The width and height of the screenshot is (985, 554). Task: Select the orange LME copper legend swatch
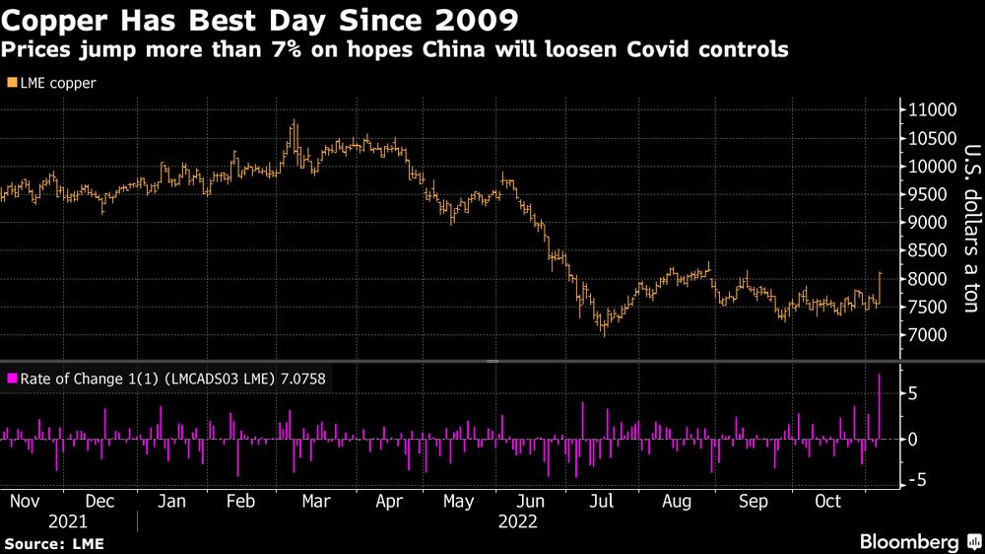pyautogui.click(x=11, y=84)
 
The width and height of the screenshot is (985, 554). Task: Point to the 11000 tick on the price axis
pyautogui.click(x=931, y=109)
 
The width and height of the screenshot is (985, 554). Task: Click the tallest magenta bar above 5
pyautogui.click(x=880, y=406)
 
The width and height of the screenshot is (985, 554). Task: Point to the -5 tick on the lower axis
pyautogui.click(x=916, y=480)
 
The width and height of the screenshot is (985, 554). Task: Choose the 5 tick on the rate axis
pyautogui.click(x=914, y=393)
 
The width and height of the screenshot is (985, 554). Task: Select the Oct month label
pyautogui.click(x=828, y=501)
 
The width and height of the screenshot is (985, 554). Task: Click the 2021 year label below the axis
pyautogui.click(x=67, y=521)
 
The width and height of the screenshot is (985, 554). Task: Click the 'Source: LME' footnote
pyautogui.click(x=54, y=543)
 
